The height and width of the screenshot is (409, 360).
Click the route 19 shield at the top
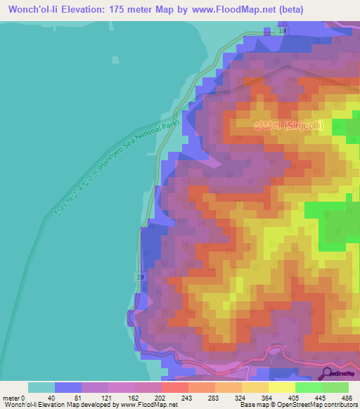coord(282,32)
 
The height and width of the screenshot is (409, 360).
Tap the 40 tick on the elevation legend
coord(52,397)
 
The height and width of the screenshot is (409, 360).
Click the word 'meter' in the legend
coord(11,397)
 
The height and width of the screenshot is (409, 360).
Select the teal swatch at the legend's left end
coord(41,387)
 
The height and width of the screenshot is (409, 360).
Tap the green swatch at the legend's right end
coord(335,387)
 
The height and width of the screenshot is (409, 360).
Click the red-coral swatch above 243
coord(175,387)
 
